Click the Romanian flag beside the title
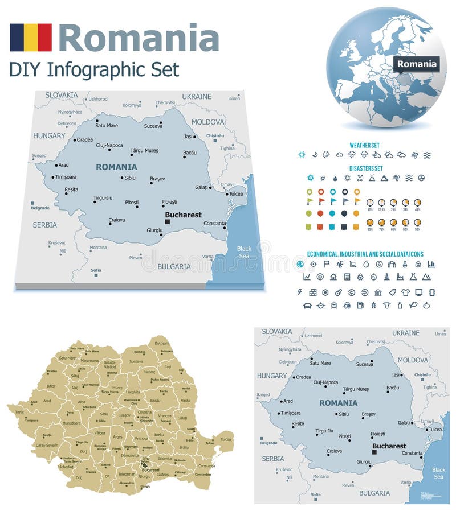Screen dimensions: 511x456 coord(30,38)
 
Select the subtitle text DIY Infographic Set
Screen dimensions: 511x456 coord(94,69)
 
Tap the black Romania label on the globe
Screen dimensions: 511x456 coord(417,64)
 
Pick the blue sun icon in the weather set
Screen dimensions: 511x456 coord(301,155)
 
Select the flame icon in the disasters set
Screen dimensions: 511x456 coord(335,178)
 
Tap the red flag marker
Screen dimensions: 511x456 coord(321,201)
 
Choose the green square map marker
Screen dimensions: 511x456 coord(309,226)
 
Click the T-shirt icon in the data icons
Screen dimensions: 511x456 coord(405,292)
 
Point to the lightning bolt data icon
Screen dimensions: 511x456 coord(300,292)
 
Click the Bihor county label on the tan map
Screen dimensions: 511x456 coord(51,386)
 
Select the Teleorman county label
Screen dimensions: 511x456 coord(126,474)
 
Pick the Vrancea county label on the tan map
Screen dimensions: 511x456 coord(165,415)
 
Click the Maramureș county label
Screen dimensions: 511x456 coord(89,360)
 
